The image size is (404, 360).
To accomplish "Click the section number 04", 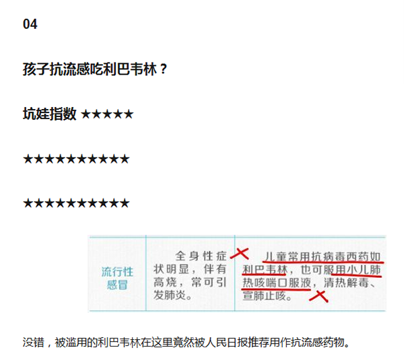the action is pos(30,24).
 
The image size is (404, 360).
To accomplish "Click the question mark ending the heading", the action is pos(164,69).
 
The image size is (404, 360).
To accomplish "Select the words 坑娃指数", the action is pos(49,114).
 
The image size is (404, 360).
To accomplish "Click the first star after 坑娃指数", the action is pos(86,114).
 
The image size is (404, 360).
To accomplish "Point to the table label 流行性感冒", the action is pos(117,279).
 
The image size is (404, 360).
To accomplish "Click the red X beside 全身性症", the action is pos(240,254).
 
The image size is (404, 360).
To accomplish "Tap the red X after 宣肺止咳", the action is pos(318,296).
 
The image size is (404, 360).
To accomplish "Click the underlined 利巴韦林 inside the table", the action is pos(265,270).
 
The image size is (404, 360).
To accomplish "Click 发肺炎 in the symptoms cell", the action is pos(170,295).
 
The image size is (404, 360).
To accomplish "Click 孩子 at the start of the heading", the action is pos(36,69).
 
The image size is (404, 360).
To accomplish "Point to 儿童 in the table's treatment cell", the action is pos(276,257).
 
